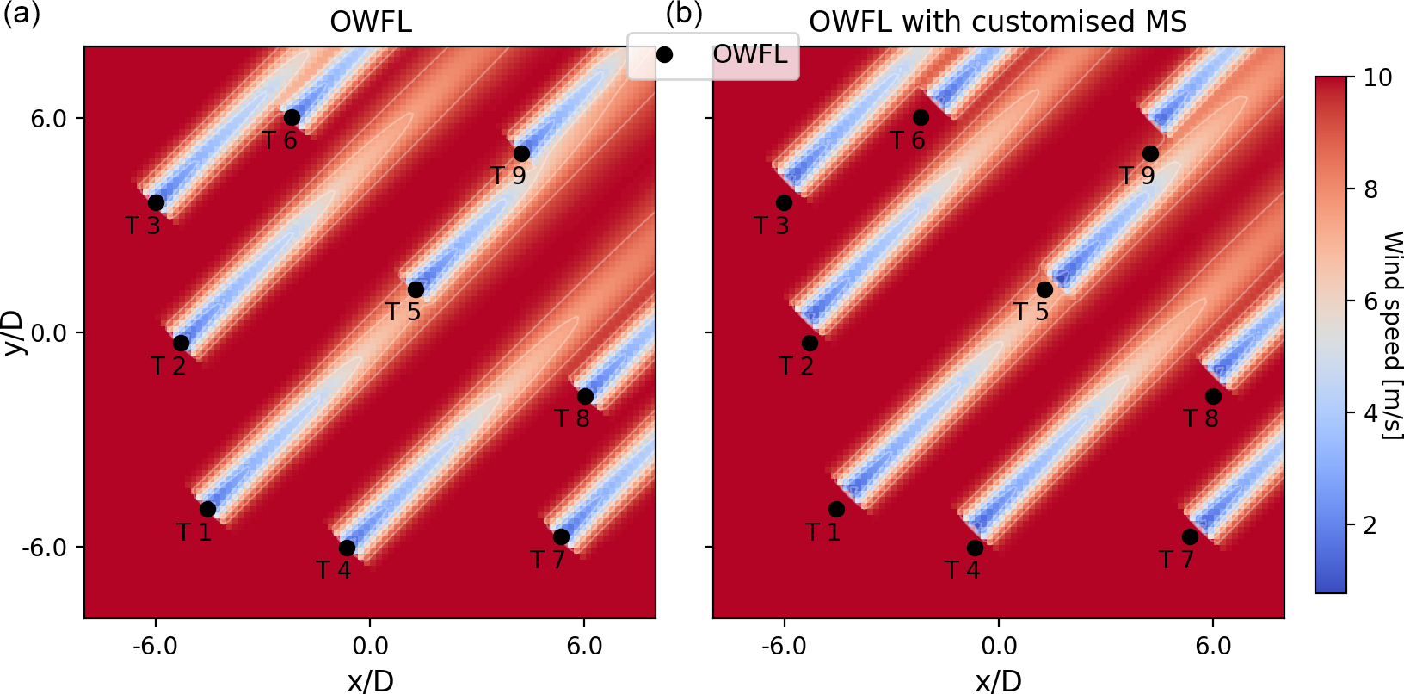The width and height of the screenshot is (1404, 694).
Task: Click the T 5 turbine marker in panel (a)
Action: click(x=416, y=289)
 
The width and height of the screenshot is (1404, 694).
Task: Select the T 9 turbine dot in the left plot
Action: click(x=521, y=153)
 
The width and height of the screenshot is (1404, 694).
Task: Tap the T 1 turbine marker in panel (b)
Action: click(x=836, y=509)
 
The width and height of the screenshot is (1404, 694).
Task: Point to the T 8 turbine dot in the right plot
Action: click(x=1213, y=396)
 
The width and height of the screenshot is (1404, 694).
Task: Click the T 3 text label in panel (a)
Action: click(x=143, y=226)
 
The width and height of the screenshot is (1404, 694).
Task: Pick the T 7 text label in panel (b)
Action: click(x=1176, y=560)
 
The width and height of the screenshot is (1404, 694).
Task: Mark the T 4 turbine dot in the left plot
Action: click(x=347, y=548)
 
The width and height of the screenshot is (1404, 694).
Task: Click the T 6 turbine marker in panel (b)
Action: click(x=921, y=117)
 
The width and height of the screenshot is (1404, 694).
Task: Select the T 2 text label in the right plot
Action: click(x=797, y=366)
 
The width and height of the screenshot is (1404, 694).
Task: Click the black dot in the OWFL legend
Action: click(x=664, y=54)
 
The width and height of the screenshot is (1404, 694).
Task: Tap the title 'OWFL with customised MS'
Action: click(x=998, y=22)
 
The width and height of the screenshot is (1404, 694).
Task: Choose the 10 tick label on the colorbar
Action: click(x=1378, y=77)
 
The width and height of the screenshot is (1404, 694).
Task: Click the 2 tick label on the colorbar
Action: click(x=1371, y=525)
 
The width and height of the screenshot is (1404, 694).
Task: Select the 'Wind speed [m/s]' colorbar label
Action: click(x=1391, y=336)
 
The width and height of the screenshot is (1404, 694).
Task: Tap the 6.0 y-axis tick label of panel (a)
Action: click(x=49, y=118)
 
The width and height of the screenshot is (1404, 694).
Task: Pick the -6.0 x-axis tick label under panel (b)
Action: click(x=784, y=646)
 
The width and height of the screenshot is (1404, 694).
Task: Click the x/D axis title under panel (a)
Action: click(x=370, y=681)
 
